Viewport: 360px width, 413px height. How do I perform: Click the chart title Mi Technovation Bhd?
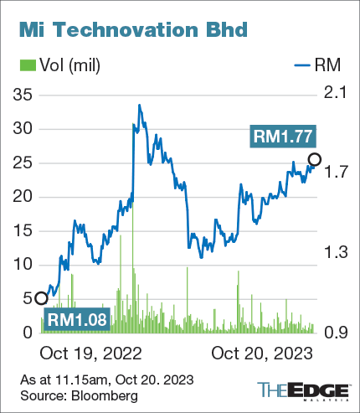[x=131, y=31]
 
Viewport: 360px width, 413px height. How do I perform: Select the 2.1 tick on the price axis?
[x=335, y=95]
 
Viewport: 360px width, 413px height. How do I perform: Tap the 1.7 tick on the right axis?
[x=335, y=174]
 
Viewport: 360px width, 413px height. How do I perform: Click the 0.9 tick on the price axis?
[x=335, y=333]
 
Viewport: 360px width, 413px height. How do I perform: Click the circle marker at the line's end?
[x=315, y=159]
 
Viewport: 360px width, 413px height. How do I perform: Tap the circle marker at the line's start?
[x=40, y=297]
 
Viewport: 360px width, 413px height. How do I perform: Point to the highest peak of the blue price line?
[x=139, y=106]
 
